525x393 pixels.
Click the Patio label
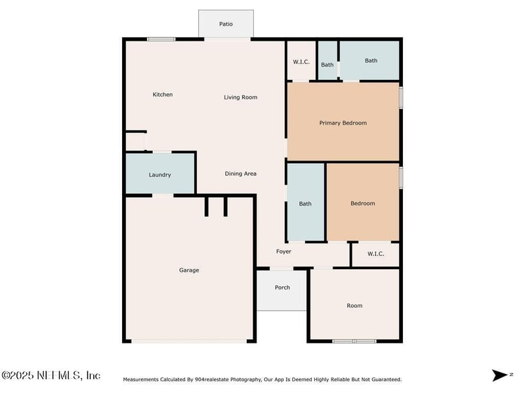(x=226, y=24)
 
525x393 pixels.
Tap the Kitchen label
(x=163, y=94)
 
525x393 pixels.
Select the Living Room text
(x=241, y=98)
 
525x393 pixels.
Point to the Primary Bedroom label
(x=343, y=123)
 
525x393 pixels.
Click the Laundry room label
(x=159, y=175)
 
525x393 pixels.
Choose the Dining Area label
(x=241, y=174)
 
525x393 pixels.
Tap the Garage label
(x=189, y=271)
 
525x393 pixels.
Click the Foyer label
(x=283, y=252)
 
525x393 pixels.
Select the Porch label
(x=282, y=288)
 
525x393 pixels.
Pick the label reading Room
(x=354, y=306)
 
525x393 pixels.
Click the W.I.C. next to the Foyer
(x=375, y=254)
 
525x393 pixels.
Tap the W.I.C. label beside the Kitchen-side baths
(x=301, y=62)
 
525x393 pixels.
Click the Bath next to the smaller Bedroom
(x=305, y=204)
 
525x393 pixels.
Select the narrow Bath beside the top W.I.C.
(x=327, y=65)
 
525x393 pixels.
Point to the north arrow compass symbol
(x=500, y=375)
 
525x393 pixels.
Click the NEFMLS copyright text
(x=51, y=375)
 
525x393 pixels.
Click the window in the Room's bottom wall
(x=354, y=341)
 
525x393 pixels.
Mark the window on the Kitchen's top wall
(x=161, y=39)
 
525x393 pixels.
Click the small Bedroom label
(x=363, y=204)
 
